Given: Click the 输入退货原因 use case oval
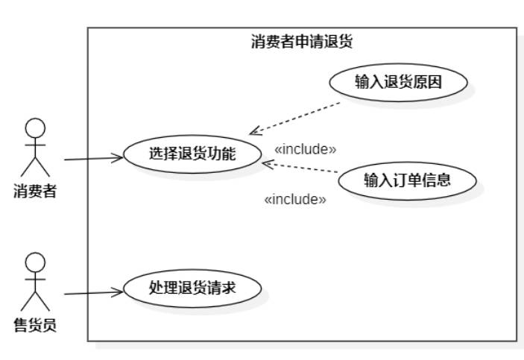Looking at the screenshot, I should coord(398,83).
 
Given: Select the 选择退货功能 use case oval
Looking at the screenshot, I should coord(192,154).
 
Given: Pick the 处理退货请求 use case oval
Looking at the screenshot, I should coord(192,286).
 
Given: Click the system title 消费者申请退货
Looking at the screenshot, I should coord(301,42).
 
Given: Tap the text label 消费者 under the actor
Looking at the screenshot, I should coord(34,192).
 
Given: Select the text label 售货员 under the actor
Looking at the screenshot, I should coord(34,325).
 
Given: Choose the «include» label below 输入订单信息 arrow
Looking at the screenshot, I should coord(296,199).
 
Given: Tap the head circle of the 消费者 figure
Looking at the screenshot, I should coord(34,127).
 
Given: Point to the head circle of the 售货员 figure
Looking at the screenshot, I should coord(34,262).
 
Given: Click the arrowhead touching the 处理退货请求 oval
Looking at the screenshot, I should coord(117,292).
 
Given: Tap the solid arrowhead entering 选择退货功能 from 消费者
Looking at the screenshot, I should coord(117,157).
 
